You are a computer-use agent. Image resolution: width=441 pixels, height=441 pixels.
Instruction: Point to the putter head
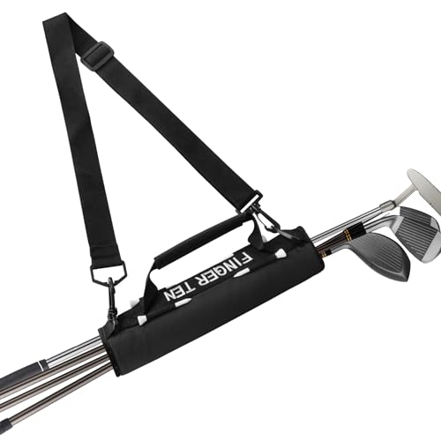[x=423, y=188]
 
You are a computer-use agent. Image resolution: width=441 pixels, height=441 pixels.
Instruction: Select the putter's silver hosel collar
[x=387, y=205]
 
